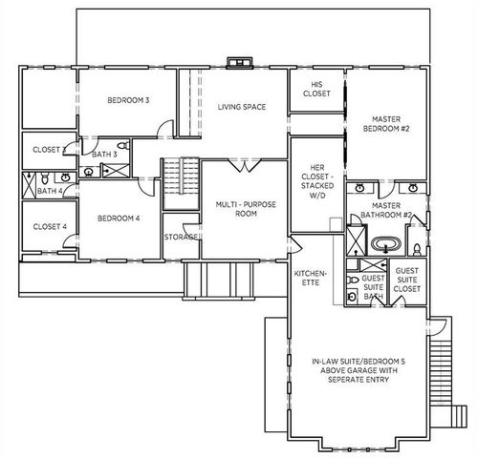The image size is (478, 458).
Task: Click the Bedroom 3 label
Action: point(127,99)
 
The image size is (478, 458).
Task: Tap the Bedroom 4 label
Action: point(119,218)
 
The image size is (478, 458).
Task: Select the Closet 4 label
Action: point(50,226)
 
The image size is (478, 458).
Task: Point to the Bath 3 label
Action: point(104,154)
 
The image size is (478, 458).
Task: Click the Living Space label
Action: point(241,107)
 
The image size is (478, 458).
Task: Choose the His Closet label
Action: point(315,89)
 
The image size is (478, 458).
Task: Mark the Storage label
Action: point(180,237)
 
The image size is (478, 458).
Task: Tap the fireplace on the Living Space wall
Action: point(236,65)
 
